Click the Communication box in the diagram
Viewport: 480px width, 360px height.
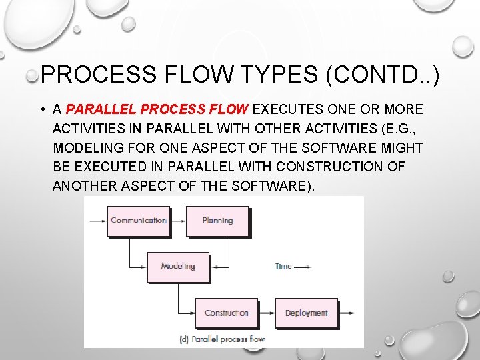click(x=138, y=221)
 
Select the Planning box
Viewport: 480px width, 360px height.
click(x=217, y=221)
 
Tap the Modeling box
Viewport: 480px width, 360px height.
click(x=178, y=267)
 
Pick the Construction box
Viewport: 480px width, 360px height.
click(x=226, y=313)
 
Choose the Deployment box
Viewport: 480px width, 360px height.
click(x=306, y=313)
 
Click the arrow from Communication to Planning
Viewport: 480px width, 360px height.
click(x=177, y=220)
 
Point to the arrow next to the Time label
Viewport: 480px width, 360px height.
click(x=303, y=267)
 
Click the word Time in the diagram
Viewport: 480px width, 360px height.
click(x=283, y=267)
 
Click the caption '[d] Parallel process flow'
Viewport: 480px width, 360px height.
click(x=222, y=339)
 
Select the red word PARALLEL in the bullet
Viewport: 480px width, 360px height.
click(x=103, y=109)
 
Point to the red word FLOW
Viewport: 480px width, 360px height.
click(x=228, y=109)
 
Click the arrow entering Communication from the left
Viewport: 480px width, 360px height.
click(x=97, y=220)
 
